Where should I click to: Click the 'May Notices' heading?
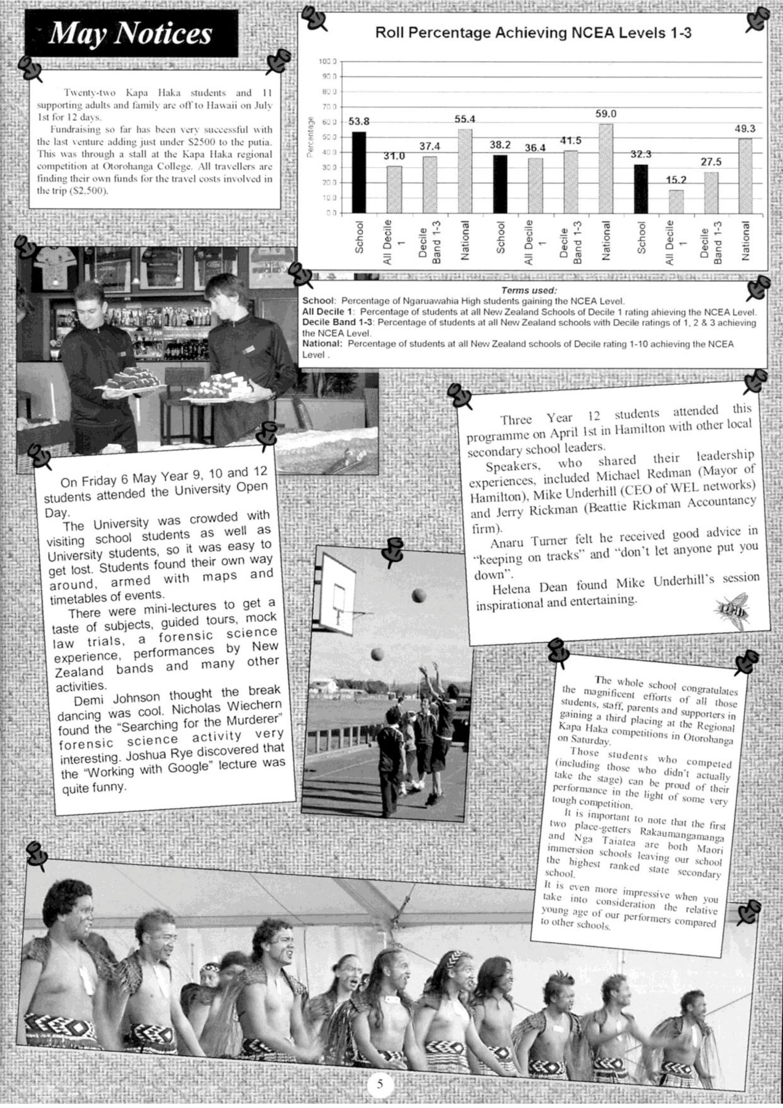click(130, 34)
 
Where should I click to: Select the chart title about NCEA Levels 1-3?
click(533, 33)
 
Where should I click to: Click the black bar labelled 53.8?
click(359, 172)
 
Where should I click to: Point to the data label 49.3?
click(745, 129)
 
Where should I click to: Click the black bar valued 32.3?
click(641, 188)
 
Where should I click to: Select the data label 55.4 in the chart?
click(465, 119)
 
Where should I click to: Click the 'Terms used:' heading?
click(529, 291)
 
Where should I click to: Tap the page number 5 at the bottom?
click(380, 1083)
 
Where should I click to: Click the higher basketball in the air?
click(419, 595)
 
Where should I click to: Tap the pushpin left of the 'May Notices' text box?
click(30, 68)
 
